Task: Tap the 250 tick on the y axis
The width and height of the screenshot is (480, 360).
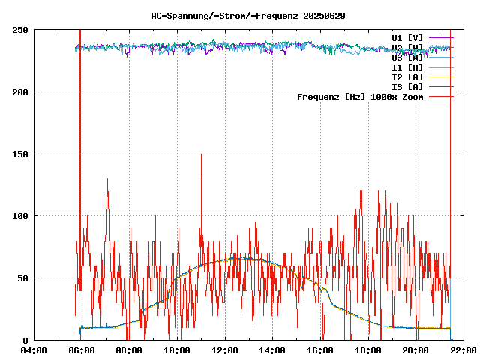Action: pos(21,30)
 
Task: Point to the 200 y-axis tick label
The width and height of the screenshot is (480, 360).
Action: pos(21,92)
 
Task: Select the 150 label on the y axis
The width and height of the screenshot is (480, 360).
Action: pos(21,154)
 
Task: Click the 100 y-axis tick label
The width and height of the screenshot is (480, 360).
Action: pos(21,216)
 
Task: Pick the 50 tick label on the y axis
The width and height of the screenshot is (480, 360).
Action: pos(23,278)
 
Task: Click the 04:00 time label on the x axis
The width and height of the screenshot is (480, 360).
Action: pos(33,350)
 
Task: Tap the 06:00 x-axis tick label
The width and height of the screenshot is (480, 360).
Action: pos(81,350)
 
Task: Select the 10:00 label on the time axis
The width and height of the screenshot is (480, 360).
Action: pos(177,350)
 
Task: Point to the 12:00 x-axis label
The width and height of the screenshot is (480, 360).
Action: pos(225,350)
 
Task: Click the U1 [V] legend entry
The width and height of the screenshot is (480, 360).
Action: pos(407,37)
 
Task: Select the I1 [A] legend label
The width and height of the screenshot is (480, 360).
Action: pos(407,67)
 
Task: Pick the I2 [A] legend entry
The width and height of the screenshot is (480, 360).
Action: pos(407,76)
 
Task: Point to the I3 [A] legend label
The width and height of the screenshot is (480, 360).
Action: pos(407,86)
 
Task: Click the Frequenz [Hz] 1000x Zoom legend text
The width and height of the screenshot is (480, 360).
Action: pos(360,96)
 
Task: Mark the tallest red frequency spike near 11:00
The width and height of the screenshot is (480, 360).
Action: pos(201,155)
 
